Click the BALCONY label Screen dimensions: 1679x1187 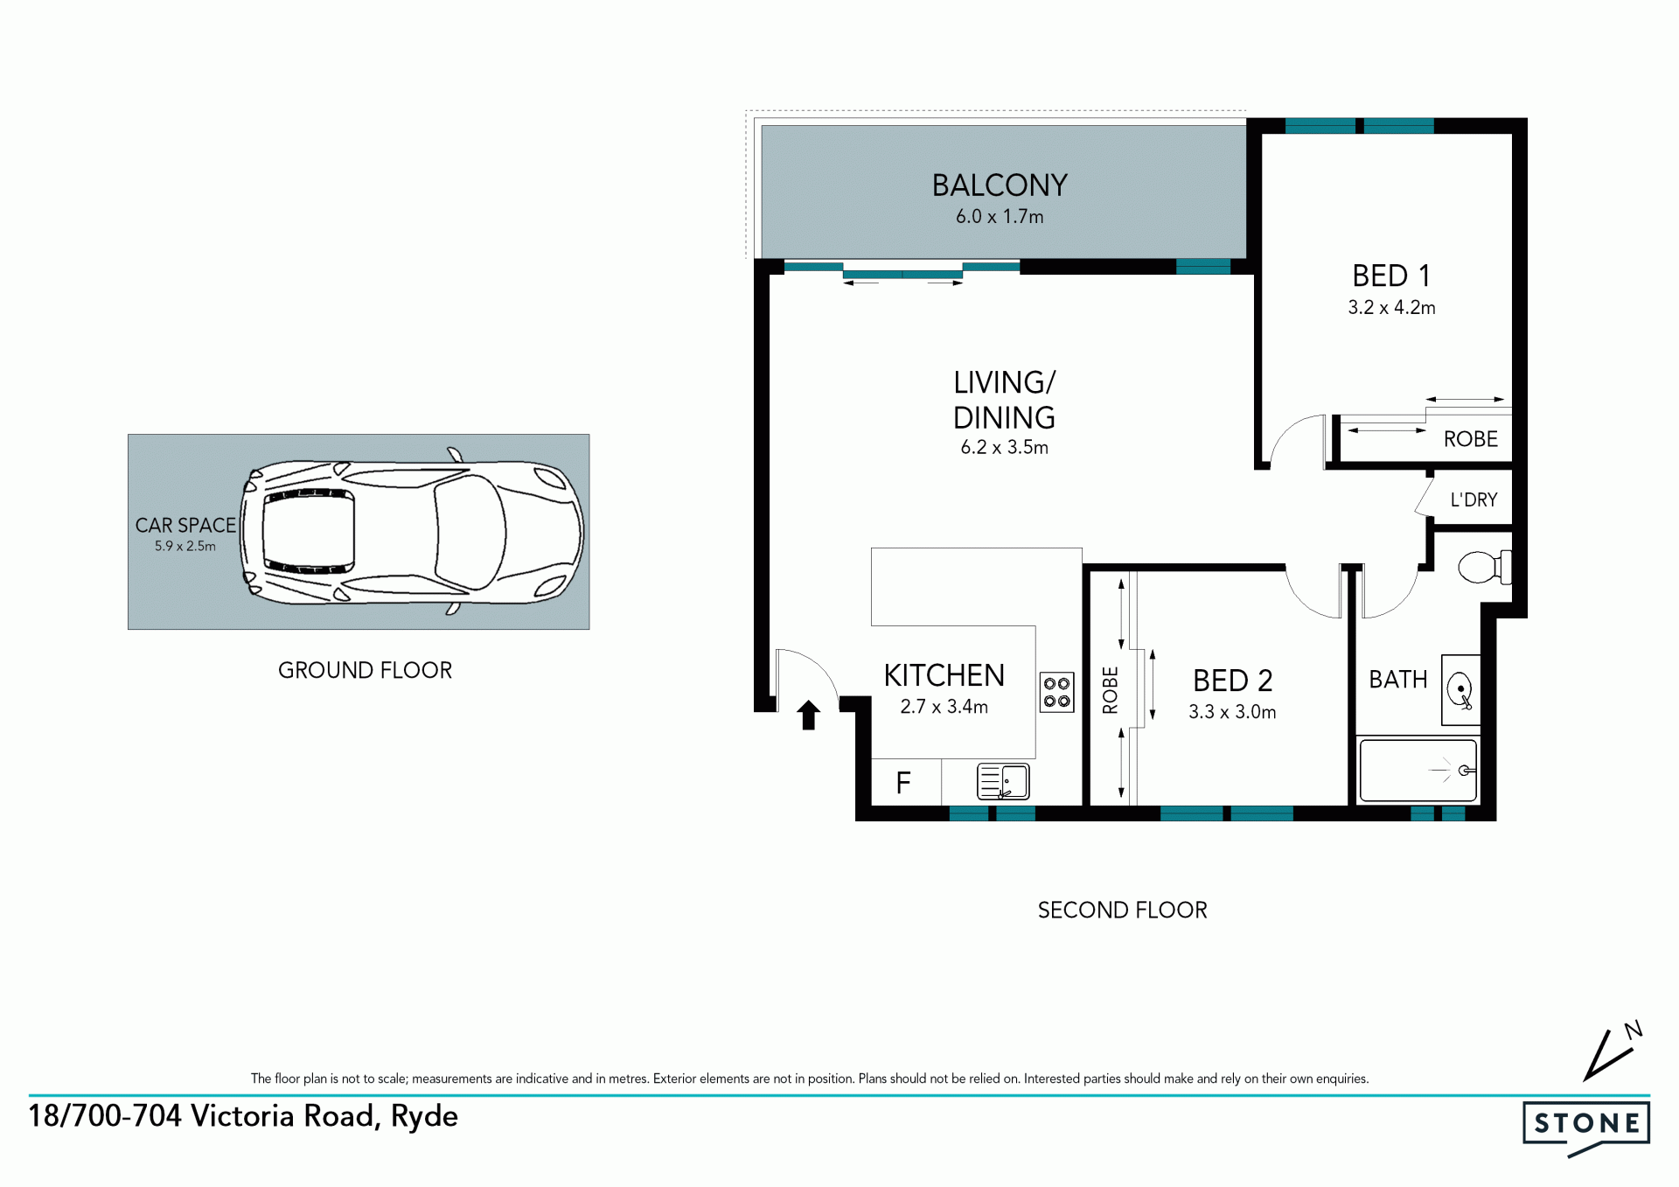pos(1000,185)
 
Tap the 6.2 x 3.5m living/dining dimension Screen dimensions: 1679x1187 pos(1004,447)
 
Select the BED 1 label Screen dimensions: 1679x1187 pos(1391,276)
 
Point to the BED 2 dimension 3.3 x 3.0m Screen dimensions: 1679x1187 pos(1232,712)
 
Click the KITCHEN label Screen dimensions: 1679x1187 pos(944,675)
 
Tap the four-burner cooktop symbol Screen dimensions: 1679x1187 pos(1056,692)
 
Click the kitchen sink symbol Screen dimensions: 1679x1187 pos(1003,781)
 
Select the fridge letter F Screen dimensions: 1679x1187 pos(903,782)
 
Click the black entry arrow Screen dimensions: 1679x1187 pos(809,715)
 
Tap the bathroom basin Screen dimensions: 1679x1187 pos(1460,690)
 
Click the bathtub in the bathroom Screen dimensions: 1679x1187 pos(1418,771)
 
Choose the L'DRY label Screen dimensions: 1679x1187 pos(1473,499)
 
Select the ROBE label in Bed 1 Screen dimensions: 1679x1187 pos(1470,439)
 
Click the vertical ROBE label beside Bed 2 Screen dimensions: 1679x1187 pos(1111,690)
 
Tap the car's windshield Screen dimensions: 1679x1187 pos(470,532)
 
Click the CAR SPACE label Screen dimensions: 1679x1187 pos(185,525)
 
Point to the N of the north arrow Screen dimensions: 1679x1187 pos(1634,1030)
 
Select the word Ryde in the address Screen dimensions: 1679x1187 pos(424,1117)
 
